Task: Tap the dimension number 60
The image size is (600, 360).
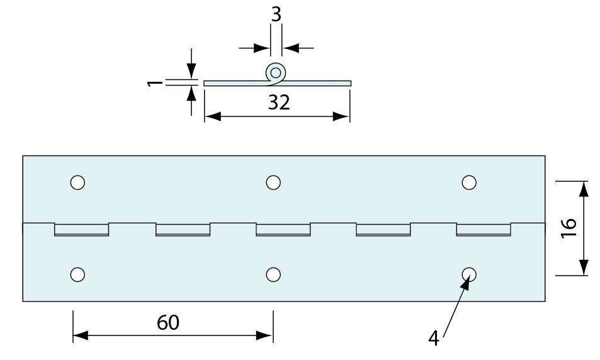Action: point(168,323)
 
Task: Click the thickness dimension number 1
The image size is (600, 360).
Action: point(152,82)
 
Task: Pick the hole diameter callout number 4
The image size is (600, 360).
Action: point(433,339)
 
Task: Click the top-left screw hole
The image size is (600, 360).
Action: point(77,183)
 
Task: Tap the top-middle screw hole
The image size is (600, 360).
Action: point(273,183)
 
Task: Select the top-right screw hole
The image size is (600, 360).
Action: point(468,183)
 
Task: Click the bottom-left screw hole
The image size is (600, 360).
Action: point(77,274)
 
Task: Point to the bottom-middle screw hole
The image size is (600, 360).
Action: point(273,274)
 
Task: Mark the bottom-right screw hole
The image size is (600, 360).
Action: point(468,274)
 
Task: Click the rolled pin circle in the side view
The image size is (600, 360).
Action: point(275,72)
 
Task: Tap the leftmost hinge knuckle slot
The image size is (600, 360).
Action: point(82,230)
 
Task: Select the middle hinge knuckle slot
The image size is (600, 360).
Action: point(283,230)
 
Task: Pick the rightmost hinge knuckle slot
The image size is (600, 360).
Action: point(484,230)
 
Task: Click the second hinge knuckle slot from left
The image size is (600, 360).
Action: point(183,230)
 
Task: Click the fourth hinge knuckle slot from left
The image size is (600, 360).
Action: point(383,230)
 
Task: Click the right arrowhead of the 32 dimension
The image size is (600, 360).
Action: point(343,116)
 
